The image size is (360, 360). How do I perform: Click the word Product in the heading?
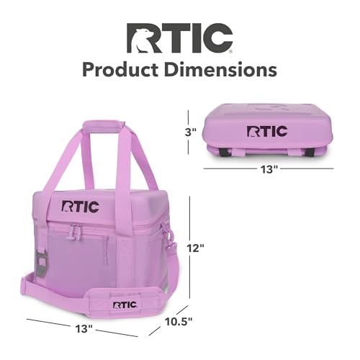pyautogui.click(x=120, y=70)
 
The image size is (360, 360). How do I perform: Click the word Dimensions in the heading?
pyautogui.click(x=221, y=70)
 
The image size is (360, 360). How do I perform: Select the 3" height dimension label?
pyautogui.click(x=191, y=132)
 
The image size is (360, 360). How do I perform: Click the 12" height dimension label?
pyautogui.click(x=196, y=248)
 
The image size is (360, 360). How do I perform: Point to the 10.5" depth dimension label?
pyautogui.click(x=179, y=322)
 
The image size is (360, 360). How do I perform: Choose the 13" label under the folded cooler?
pyautogui.click(x=269, y=169)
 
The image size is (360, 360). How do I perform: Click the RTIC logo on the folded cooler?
pyautogui.click(x=267, y=131)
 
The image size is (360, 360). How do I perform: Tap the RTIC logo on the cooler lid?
pyautogui.click(x=81, y=207)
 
